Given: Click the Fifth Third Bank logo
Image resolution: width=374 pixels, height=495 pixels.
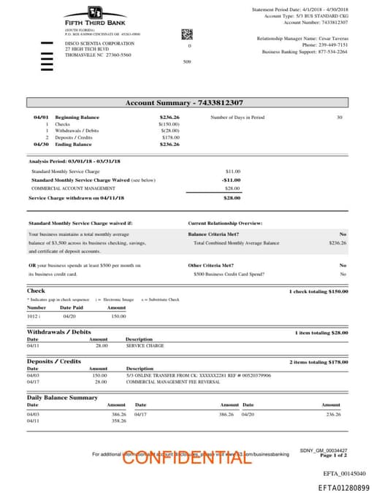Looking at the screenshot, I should [94, 15].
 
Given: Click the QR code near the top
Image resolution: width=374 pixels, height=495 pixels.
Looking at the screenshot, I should [187, 34].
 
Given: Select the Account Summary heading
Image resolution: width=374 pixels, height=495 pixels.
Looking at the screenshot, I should [184, 103].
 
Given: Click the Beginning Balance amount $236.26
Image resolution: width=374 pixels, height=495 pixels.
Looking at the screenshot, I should [169, 117].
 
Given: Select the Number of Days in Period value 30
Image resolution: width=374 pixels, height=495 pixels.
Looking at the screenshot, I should [339, 117].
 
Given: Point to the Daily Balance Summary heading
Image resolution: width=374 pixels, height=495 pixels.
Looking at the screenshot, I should [62, 397].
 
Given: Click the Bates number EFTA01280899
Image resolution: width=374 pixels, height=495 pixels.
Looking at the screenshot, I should [343, 487].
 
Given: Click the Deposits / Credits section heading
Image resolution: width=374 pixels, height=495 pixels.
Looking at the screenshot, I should [54, 361].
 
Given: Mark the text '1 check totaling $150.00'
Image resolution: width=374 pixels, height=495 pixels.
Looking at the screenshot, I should [318, 291].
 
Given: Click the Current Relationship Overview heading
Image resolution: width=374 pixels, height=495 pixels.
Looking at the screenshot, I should [225, 223].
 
